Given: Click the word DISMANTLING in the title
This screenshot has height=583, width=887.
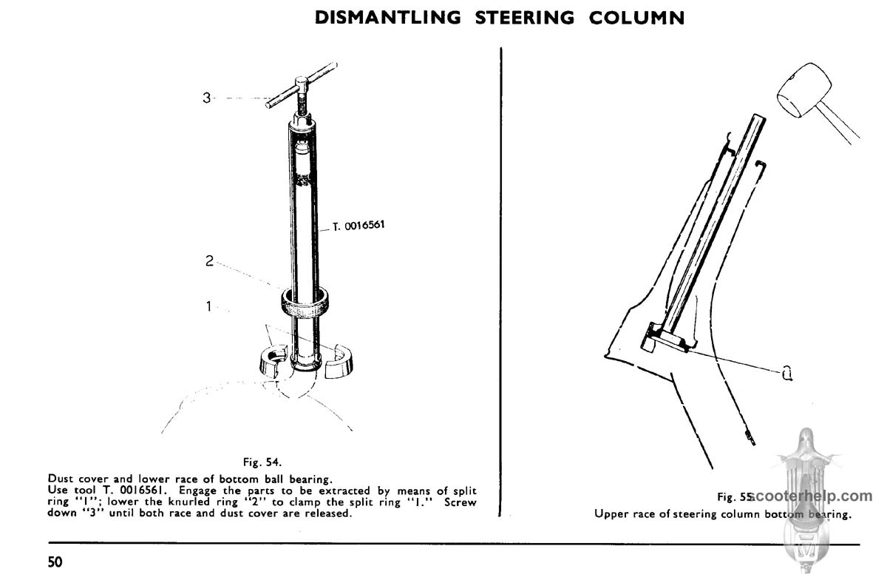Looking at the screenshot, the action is [x=388, y=18].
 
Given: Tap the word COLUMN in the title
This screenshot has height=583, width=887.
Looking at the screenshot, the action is [x=636, y=18].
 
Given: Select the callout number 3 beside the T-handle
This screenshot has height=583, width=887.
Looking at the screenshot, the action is [x=207, y=98].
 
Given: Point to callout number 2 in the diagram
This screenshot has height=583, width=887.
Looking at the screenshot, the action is [x=209, y=260].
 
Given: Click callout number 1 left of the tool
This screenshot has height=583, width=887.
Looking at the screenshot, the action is [x=208, y=306].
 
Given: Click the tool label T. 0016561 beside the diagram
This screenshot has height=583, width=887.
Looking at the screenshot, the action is [x=358, y=226].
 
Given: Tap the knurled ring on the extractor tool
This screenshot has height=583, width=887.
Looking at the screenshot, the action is [x=305, y=303].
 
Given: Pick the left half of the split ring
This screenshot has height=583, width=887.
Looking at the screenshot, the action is [x=273, y=360].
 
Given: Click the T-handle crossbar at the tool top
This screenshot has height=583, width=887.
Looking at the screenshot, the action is [x=302, y=85].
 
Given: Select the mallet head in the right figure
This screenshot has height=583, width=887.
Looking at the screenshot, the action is [x=804, y=90].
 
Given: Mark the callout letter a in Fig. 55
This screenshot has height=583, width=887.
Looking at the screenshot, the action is [x=787, y=373].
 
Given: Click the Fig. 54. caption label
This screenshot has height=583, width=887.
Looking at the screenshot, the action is [x=262, y=462].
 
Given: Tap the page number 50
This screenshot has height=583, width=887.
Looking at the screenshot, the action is [x=55, y=562].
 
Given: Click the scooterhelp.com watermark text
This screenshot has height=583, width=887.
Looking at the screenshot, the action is [x=812, y=496].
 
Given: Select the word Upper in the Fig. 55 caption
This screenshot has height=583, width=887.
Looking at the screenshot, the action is [x=611, y=514].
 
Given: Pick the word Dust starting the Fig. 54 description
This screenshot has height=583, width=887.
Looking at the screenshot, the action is [x=61, y=479].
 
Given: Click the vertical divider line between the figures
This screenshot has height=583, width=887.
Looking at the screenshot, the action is [x=501, y=282].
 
